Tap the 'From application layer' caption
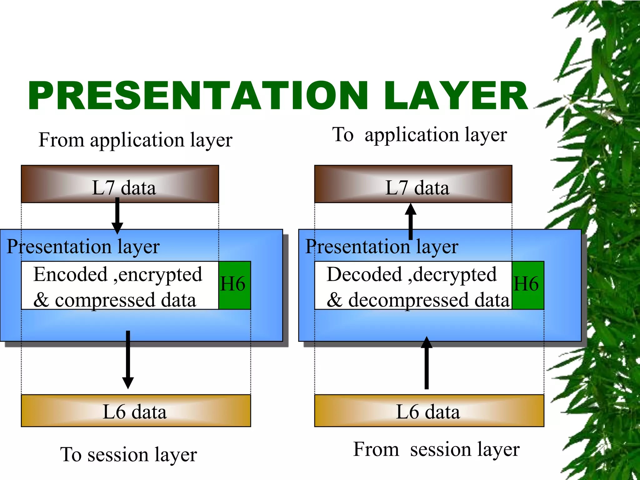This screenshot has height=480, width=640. click(135, 140)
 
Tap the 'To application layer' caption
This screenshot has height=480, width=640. click(419, 135)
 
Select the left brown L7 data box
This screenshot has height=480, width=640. click(120, 184)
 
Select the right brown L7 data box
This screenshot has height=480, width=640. click(413, 184)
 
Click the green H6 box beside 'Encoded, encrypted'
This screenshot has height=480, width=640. click(234, 285)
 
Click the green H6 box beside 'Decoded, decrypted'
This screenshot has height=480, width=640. click(528, 285)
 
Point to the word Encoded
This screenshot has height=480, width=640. click(71, 274)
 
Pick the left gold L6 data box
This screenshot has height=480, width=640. click(136, 411)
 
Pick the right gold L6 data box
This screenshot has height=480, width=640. click(429, 411)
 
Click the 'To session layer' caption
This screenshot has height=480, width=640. click(128, 454)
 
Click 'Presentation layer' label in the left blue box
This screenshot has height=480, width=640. click(83, 247)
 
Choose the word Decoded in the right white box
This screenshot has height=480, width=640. click(364, 274)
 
